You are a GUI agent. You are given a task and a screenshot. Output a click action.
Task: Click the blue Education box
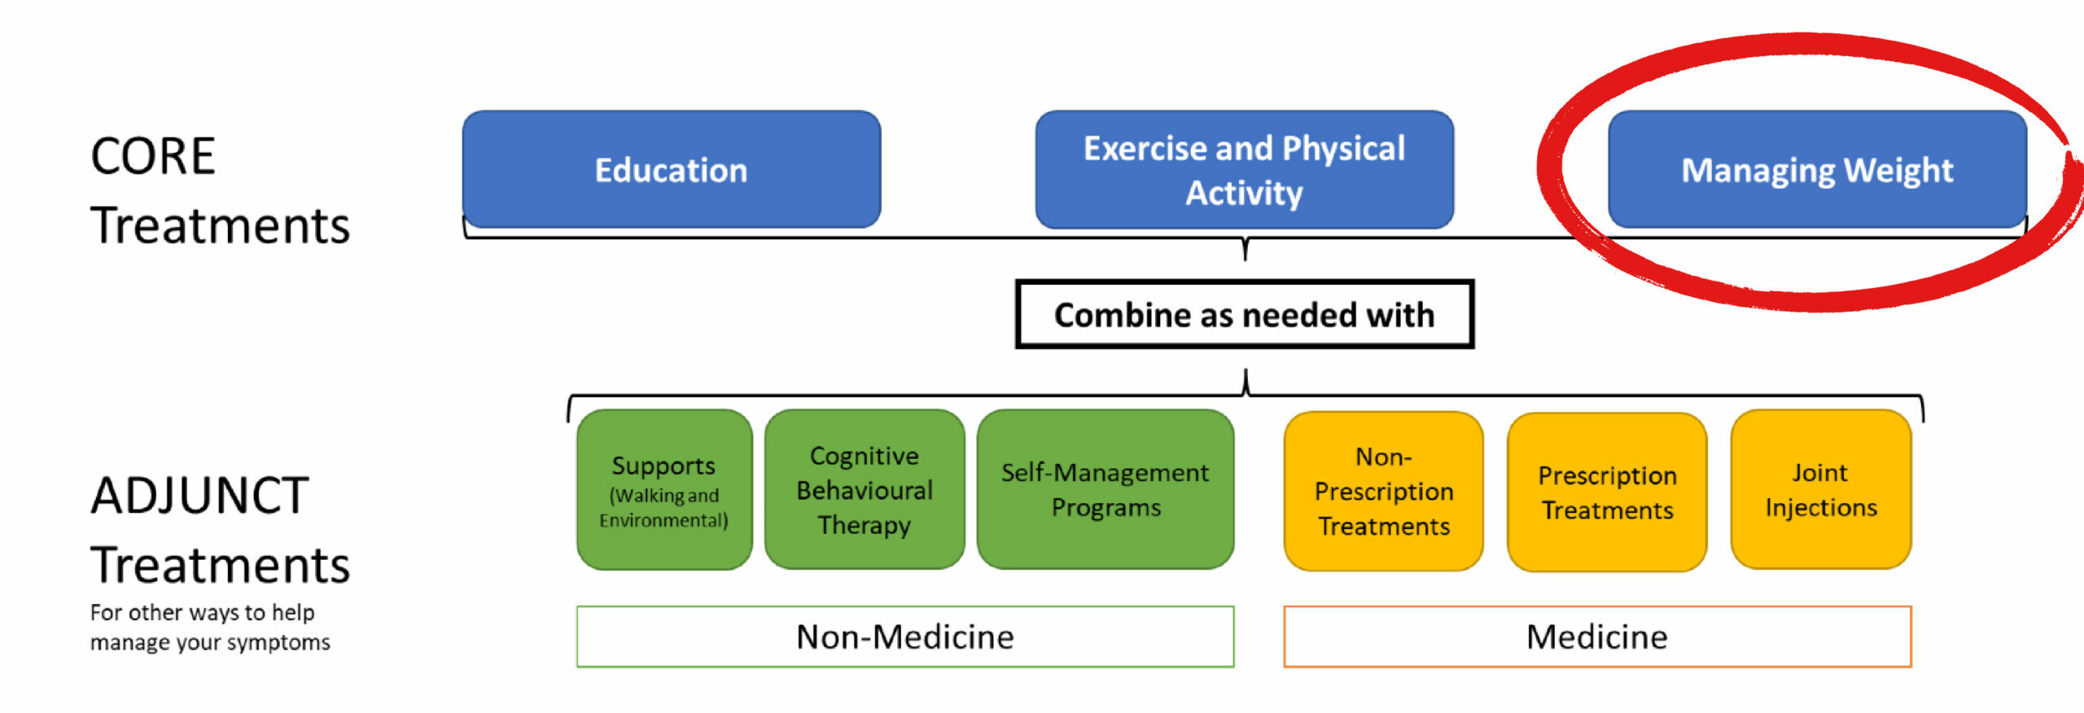[x=672, y=169]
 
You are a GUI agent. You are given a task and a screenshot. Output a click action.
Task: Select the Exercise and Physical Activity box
[x=1244, y=169]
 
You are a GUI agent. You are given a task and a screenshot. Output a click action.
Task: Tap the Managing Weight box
[x=1817, y=169]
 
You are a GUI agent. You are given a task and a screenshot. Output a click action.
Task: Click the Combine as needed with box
[x=1245, y=314]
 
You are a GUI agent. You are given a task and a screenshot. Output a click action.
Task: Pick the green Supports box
[x=664, y=489]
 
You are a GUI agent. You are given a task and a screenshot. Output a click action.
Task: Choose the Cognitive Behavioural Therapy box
[x=865, y=489]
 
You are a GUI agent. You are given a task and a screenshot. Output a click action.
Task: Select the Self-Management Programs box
[x=1105, y=489]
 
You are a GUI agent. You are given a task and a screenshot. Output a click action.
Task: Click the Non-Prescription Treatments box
[x=1384, y=491]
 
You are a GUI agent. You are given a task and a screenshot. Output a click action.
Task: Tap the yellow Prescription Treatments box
[x=1607, y=492]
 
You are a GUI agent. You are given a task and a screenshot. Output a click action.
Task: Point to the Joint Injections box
[x=1821, y=489]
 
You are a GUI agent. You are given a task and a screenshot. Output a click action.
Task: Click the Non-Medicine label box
[x=905, y=636]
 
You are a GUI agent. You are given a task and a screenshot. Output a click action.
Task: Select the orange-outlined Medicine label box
[x=1597, y=636]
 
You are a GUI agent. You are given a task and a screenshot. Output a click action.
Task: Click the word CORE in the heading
[x=153, y=155]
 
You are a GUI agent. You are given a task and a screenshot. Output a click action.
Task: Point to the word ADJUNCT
[x=199, y=495]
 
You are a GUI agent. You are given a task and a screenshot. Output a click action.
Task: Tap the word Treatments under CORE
[x=220, y=225]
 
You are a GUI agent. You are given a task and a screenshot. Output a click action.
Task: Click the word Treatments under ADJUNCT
[x=220, y=565]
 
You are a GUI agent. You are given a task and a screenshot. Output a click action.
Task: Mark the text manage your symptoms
[x=210, y=642]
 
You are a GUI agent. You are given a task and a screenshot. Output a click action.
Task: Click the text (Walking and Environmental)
[x=664, y=508]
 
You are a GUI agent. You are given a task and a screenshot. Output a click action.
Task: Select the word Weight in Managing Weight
[x=1898, y=171]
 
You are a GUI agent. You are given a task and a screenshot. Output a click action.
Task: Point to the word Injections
[x=1821, y=507]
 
